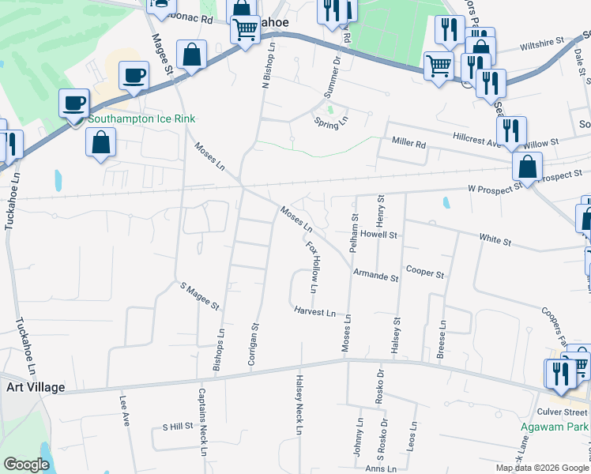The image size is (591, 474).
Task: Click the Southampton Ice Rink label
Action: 141,119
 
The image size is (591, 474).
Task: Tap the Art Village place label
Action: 35,388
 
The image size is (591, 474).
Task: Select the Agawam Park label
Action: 555,427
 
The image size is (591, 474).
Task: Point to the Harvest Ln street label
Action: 314,312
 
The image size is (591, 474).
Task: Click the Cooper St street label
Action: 425,272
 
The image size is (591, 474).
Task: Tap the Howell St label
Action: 378,235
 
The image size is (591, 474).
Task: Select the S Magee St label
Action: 198,295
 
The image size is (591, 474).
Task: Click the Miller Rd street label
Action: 408,144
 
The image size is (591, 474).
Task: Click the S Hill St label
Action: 178,427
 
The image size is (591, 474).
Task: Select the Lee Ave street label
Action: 125,411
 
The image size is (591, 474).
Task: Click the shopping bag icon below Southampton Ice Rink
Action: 100,144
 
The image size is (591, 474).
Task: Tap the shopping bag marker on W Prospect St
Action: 527,167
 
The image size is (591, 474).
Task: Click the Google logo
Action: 26,465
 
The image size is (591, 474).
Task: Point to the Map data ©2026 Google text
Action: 543,468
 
